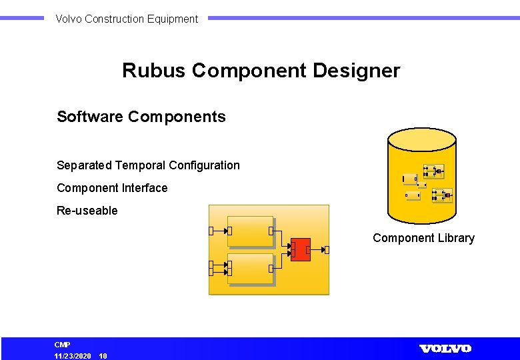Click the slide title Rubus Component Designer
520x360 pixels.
pyautogui.click(x=261, y=71)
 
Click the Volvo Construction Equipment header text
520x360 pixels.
pyautogui.click(x=127, y=19)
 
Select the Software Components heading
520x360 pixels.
pyautogui.click(x=141, y=117)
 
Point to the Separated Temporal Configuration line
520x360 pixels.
pyautogui.click(x=148, y=165)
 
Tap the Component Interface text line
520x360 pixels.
pyautogui.click(x=112, y=188)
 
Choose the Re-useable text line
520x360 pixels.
pyautogui.click(x=87, y=211)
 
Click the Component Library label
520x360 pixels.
pyautogui.click(x=423, y=238)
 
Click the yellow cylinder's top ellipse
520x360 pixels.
pyautogui.click(x=422, y=139)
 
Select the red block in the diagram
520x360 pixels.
pyautogui.click(x=301, y=249)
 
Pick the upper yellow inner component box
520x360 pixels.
pyautogui.click(x=250, y=231)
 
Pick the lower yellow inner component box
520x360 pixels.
pyautogui.click(x=250, y=268)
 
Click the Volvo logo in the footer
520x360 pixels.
pyautogui.click(x=445, y=349)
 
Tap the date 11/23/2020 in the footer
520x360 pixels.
pyautogui.click(x=73, y=356)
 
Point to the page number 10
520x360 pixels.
pyautogui.click(x=103, y=356)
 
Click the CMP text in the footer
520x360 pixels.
pyautogui.click(x=62, y=345)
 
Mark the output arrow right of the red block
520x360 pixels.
pyautogui.click(x=325, y=250)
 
